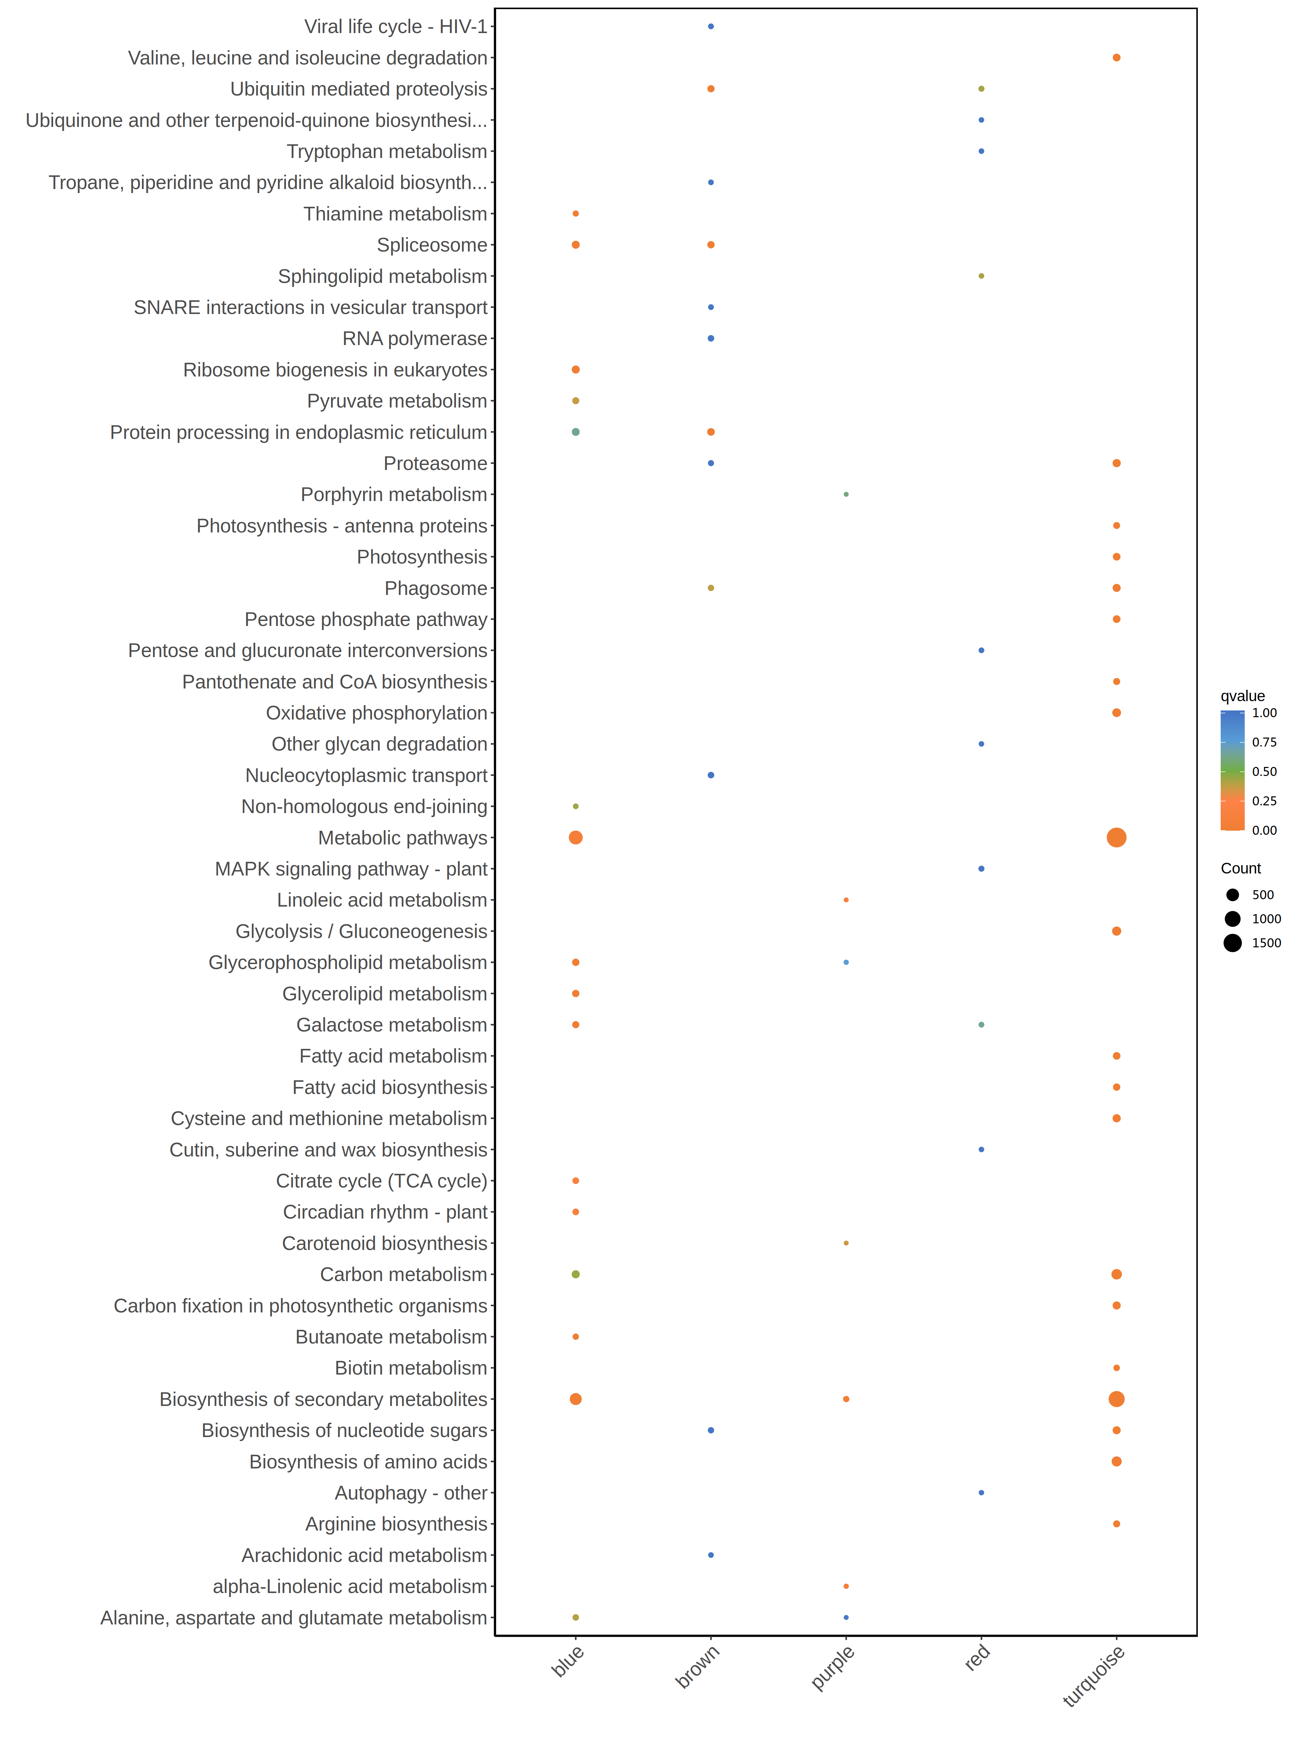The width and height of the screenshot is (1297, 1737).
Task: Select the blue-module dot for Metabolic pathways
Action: pyautogui.click(x=576, y=838)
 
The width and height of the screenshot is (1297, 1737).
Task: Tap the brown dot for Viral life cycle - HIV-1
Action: pyautogui.click(x=710, y=27)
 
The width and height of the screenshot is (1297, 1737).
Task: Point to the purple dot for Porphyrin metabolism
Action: pyautogui.click(x=845, y=495)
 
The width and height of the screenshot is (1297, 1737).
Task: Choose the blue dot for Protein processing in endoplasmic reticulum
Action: pyautogui.click(x=576, y=432)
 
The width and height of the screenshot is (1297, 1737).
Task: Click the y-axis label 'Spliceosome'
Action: pyautogui.click(x=432, y=245)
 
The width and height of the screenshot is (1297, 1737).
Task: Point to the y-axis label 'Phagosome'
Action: pyautogui.click(x=436, y=588)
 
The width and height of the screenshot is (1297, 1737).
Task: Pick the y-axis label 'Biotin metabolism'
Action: pyautogui.click(x=411, y=1368)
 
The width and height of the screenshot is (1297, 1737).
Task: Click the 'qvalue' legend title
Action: pyautogui.click(x=1242, y=696)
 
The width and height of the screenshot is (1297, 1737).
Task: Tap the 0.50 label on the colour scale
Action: pyautogui.click(x=1264, y=771)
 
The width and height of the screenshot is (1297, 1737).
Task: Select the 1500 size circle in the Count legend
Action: pyautogui.click(x=1232, y=943)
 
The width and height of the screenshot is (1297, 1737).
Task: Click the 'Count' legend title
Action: pyautogui.click(x=1241, y=869)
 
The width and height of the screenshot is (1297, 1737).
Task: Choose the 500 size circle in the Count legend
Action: pyautogui.click(x=1232, y=895)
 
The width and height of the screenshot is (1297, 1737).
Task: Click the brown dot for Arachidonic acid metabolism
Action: pyautogui.click(x=710, y=1555)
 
